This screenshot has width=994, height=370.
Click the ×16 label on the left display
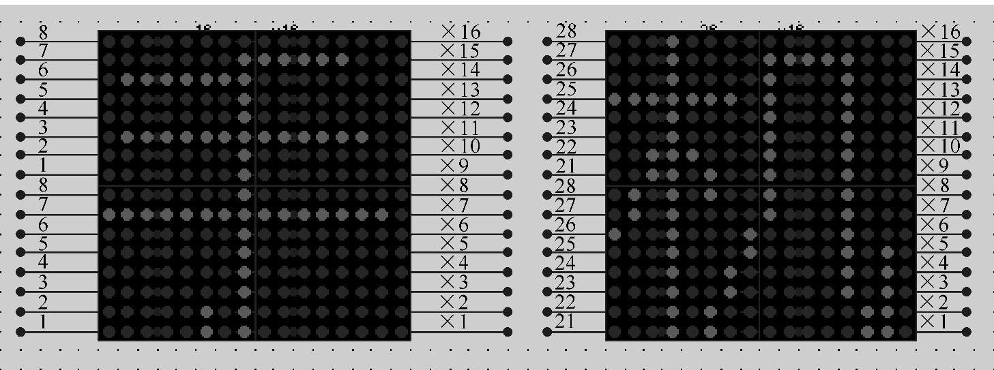pyautogui.click(x=461, y=31)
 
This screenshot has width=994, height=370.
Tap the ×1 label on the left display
pyautogui.click(x=455, y=321)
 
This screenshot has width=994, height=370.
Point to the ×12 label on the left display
pyautogui.click(x=461, y=108)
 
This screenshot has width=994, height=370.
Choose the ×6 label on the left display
pyautogui.click(x=455, y=224)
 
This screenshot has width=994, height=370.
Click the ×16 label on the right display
pyautogui.click(x=940, y=31)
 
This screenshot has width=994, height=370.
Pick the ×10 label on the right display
pyautogui.click(x=940, y=146)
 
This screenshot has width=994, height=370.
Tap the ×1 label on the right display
pyautogui.click(x=934, y=321)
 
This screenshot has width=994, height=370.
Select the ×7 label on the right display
pyautogui.click(x=934, y=204)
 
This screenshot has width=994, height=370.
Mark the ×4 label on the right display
pyautogui.click(x=934, y=263)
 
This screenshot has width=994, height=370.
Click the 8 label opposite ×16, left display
pyautogui.click(x=44, y=31)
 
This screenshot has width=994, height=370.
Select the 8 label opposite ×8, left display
pyautogui.click(x=44, y=185)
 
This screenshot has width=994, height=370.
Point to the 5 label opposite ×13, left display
pyautogui.click(x=44, y=89)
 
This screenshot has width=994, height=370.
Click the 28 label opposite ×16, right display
pyautogui.click(x=566, y=31)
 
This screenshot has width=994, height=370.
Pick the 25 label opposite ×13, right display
pyautogui.click(x=566, y=89)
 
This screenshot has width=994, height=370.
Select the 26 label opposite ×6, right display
pyautogui.click(x=566, y=224)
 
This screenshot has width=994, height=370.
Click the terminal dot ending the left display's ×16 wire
pyautogui.click(x=508, y=42)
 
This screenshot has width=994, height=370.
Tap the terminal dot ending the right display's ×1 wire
pyautogui.click(x=966, y=332)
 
